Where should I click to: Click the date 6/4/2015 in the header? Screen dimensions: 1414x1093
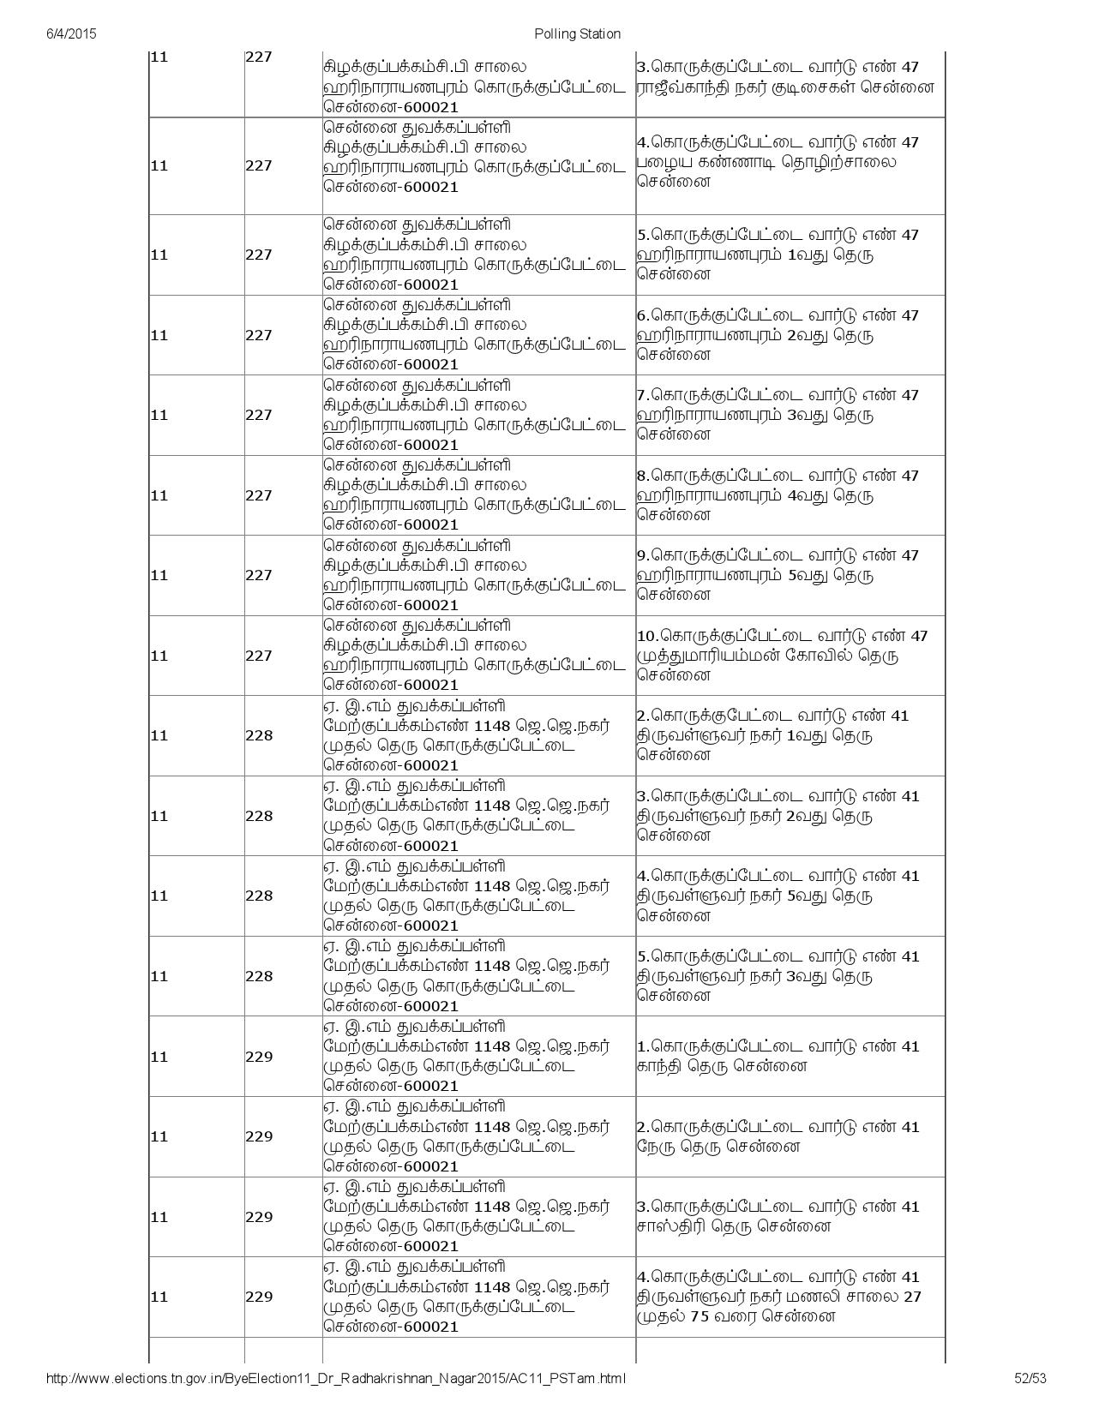(x=71, y=33)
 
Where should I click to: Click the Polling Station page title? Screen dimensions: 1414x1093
(x=577, y=33)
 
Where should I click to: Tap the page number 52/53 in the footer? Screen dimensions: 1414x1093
(x=1030, y=1378)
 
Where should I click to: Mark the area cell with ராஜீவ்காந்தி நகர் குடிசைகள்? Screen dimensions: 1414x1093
(x=784, y=77)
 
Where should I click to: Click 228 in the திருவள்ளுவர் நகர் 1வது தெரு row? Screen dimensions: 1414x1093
(x=259, y=735)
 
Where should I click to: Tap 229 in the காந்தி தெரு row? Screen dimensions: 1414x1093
(x=259, y=1057)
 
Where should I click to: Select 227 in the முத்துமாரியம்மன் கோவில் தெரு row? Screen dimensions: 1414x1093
(x=259, y=656)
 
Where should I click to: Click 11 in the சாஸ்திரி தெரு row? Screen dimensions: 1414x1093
(x=159, y=1217)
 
